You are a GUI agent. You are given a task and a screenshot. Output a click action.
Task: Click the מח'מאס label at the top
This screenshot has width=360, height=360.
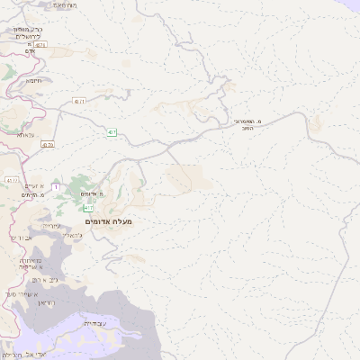point(63,4)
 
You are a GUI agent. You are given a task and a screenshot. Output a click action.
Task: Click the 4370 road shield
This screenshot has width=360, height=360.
point(48,144)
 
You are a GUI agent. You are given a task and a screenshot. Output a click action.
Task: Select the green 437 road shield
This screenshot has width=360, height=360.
point(111,132)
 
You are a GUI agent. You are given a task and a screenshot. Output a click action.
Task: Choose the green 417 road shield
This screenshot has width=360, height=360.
point(88,208)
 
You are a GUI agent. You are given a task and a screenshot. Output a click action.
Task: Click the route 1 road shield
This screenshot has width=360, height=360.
point(55,186)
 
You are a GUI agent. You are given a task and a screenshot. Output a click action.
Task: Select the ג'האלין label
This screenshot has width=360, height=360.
point(74,236)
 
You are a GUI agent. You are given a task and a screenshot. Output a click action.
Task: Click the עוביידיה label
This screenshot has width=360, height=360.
point(94,322)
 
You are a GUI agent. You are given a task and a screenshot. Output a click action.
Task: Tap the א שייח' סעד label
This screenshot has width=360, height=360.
point(28,292)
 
